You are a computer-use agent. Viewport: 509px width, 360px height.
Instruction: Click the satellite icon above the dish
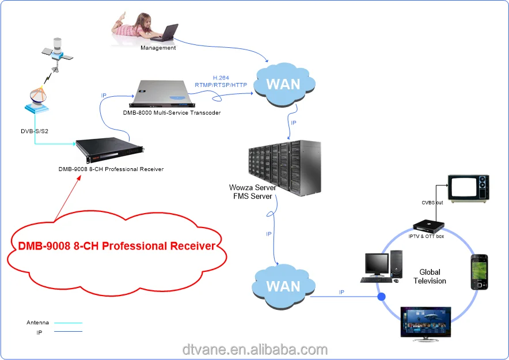pos(56,51)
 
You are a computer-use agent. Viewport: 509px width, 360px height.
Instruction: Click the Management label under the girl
pos(158,48)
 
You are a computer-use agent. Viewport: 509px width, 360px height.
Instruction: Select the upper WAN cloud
pos(284,84)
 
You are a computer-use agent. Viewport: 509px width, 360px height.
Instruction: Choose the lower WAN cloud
pos(284,286)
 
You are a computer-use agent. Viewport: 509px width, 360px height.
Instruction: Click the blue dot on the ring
pos(381,298)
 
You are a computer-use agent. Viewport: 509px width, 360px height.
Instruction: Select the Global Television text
pos(430,276)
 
